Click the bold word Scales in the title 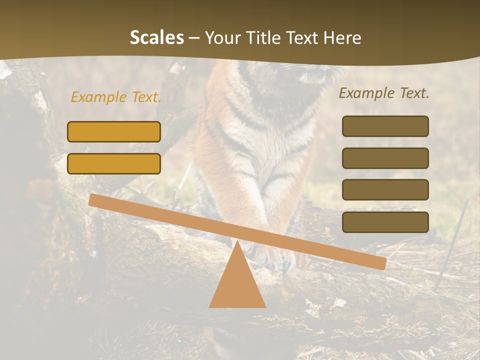(156, 38)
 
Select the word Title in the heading (265, 38)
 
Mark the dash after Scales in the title (194, 38)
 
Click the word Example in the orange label (99, 97)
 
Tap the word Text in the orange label (146, 97)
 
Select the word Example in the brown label (367, 93)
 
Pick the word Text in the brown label (414, 93)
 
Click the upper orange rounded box (114, 131)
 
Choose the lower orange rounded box (114, 163)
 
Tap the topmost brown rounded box (385, 126)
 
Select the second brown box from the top (385, 158)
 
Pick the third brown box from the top (385, 190)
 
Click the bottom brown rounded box (385, 222)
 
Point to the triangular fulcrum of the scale (237, 282)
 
